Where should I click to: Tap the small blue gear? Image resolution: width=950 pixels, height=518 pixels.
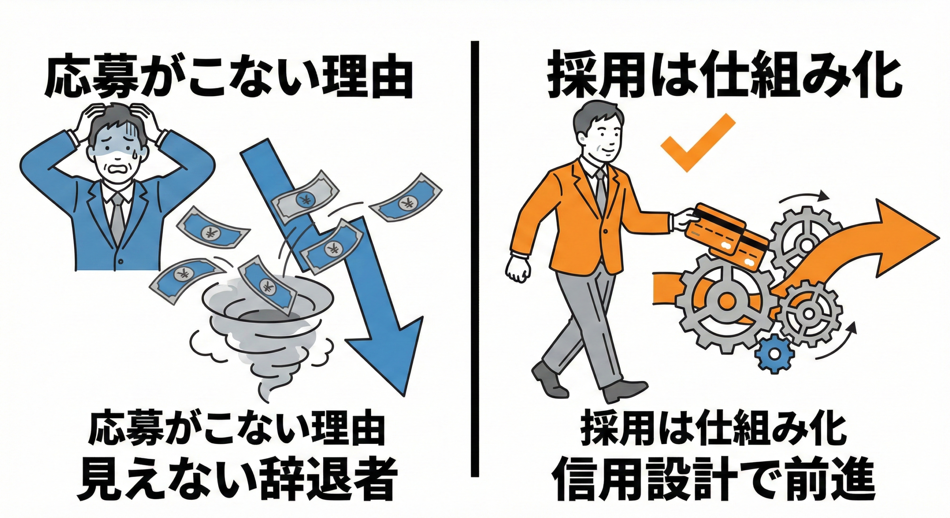[774, 354]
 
